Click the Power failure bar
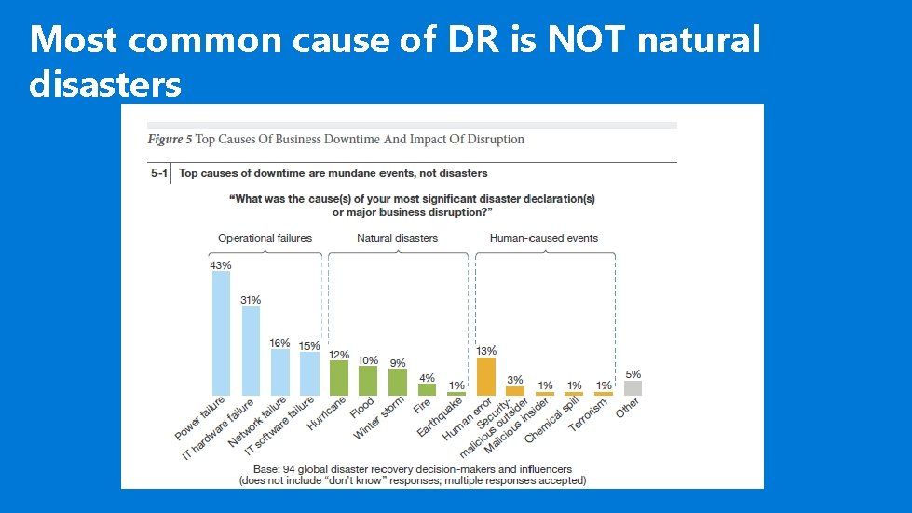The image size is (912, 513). coord(221,332)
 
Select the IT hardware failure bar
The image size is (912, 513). coord(251,350)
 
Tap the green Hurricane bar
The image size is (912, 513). coord(338,378)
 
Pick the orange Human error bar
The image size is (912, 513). coord(485,376)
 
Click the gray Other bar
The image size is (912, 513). coord(633,387)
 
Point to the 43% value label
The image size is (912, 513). coord(220,265)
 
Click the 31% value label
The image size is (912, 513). coord(250,300)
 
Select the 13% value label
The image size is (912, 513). coord(485,351)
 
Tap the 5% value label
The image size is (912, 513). coord(633,373)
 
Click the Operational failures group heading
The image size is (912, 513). coord(265,238)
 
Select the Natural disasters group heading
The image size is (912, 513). coord(397,238)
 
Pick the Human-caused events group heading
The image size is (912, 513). coord(544,238)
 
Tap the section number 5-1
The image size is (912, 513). coord(159,173)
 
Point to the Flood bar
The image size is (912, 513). coord(368,381)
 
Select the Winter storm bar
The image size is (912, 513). coord(398,382)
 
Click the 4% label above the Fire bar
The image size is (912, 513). coord(427,377)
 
